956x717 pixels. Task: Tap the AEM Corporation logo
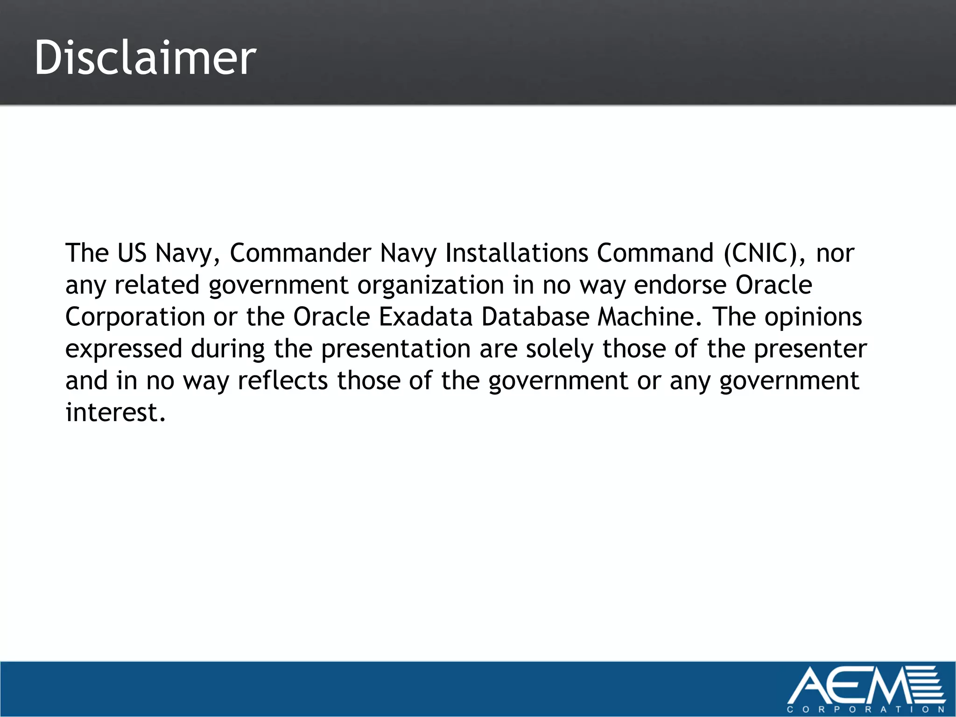(x=866, y=689)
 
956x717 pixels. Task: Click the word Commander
(x=301, y=253)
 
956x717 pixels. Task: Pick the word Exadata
(x=426, y=317)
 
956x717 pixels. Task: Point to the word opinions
(x=813, y=318)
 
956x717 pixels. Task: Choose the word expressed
(x=124, y=350)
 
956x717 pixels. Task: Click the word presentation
(x=396, y=350)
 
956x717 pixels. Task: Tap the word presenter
(x=810, y=350)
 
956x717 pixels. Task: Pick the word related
(x=157, y=285)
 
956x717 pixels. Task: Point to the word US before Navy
(x=132, y=253)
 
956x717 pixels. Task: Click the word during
(x=228, y=350)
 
